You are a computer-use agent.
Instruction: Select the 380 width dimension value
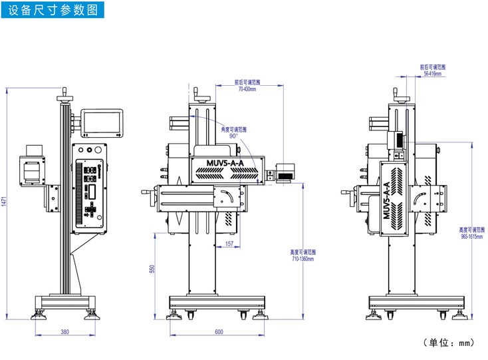64,331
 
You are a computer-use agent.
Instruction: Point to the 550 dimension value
152,268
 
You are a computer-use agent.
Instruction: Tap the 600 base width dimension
219,331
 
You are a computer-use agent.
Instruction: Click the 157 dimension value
229,244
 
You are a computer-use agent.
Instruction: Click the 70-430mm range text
247,89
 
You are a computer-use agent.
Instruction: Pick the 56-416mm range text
433,73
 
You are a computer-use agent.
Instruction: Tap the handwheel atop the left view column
64,99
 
